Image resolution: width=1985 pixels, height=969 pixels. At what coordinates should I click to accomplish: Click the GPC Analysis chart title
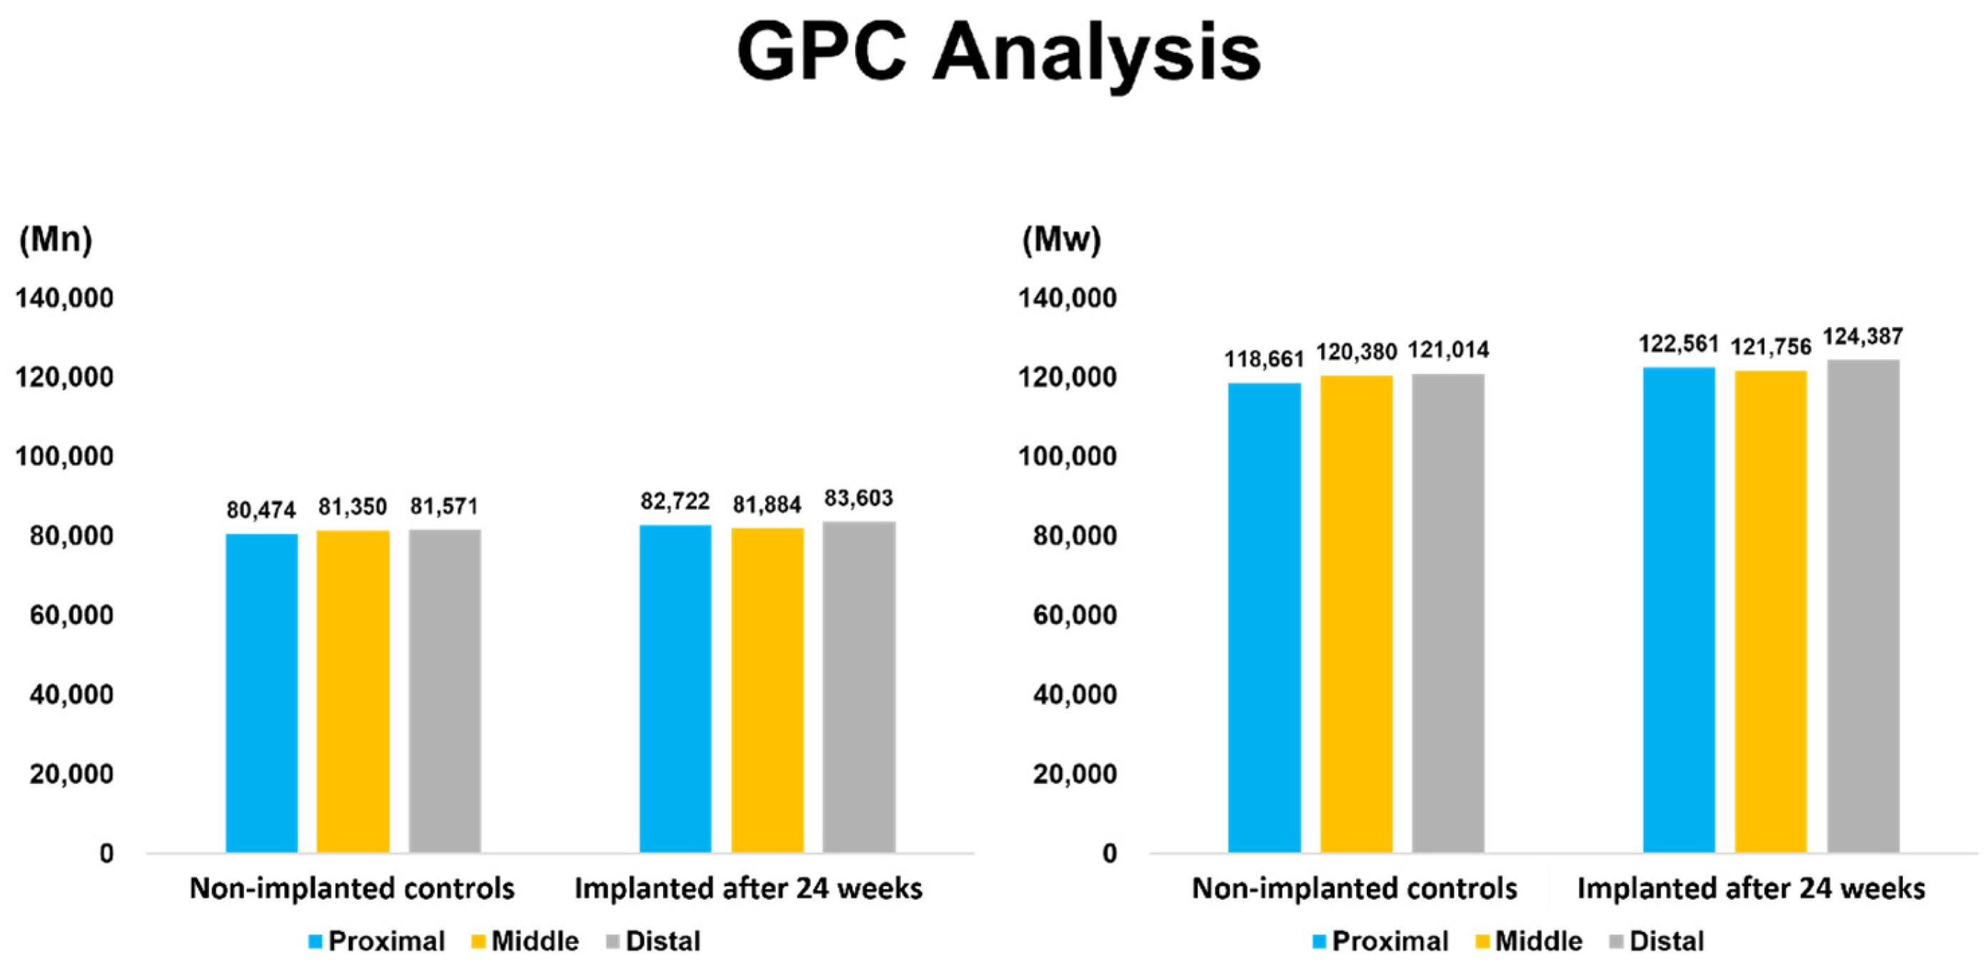pyautogui.click(x=999, y=52)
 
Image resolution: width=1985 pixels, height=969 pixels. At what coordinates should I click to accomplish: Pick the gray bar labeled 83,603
pyautogui.click(x=859, y=686)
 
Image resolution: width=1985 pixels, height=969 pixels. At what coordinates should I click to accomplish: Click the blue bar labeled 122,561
pyautogui.click(x=1678, y=609)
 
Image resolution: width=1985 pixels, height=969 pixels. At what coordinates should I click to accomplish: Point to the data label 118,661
pyautogui.click(x=1264, y=359)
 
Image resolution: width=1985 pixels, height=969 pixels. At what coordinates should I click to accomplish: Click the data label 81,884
pyautogui.click(x=767, y=505)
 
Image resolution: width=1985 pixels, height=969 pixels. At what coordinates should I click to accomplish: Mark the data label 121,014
pyautogui.click(x=1448, y=350)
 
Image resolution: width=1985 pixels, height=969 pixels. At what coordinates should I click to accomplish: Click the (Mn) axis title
pyautogui.click(x=56, y=240)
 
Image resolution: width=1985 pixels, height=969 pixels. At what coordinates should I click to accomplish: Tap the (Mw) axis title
pyautogui.click(x=1061, y=240)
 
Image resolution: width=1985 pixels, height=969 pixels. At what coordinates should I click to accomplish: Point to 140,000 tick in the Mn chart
pyautogui.click(x=65, y=298)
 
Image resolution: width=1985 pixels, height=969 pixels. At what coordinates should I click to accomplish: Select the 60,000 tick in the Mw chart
pyautogui.click(x=1074, y=615)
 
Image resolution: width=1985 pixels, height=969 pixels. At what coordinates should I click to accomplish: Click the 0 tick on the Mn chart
pyautogui.click(x=106, y=853)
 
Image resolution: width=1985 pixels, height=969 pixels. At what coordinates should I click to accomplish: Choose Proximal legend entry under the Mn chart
pyautogui.click(x=377, y=941)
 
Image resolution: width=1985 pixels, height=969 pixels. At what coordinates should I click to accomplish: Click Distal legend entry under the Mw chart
pyautogui.click(x=1657, y=941)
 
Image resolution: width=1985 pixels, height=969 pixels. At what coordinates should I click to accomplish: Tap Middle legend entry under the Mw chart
pyautogui.click(x=1529, y=941)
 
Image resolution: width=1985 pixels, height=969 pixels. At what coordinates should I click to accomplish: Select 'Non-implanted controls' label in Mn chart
pyautogui.click(x=352, y=889)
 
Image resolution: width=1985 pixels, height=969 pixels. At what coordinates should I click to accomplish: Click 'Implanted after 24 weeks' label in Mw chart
pyautogui.click(x=1751, y=889)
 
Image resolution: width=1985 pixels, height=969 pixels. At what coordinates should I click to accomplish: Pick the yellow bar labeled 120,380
pyautogui.click(x=1356, y=613)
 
